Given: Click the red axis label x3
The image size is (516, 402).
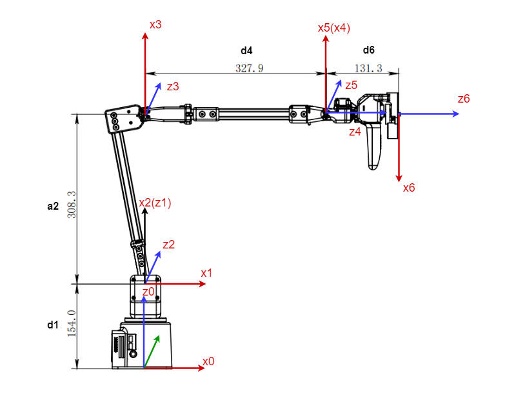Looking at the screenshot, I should [x=155, y=25].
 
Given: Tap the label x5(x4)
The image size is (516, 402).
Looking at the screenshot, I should [x=334, y=28].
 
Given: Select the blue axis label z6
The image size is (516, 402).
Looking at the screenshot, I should [x=464, y=99].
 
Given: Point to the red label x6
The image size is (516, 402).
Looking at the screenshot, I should [x=409, y=188].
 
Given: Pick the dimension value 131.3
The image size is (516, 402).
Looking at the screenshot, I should [x=368, y=68].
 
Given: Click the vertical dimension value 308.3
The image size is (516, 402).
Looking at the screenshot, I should [x=72, y=203].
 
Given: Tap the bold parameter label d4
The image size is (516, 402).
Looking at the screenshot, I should [x=246, y=50].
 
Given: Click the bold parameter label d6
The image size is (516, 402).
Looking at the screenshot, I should [x=368, y=50].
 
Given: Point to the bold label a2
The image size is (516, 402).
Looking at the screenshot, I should [x=53, y=206].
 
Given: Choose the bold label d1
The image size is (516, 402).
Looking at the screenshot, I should [x=53, y=325].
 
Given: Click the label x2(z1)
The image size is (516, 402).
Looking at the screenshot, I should [x=155, y=203].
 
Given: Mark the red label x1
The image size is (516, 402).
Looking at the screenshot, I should [x=206, y=273].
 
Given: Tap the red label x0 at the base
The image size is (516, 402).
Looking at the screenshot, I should [x=208, y=361].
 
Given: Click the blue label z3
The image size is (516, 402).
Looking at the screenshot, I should [x=173, y=86].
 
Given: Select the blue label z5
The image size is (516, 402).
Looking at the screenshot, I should [x=351, y=85].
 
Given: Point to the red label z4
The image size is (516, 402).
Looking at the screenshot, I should [x=355, y=132].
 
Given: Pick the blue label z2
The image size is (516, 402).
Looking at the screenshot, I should [x=169, y=245].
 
